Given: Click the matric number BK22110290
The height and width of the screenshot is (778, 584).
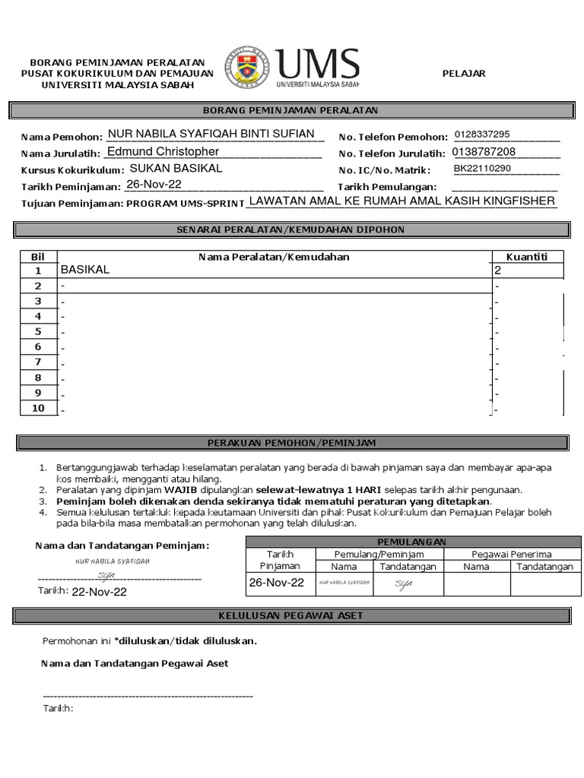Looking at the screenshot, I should click(483, 169).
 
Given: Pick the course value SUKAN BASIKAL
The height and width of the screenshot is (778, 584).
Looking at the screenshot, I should click(176, 168).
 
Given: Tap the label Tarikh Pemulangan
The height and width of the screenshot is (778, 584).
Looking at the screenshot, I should click(387, 187).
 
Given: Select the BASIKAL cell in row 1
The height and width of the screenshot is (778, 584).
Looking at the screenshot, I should click(85, 270).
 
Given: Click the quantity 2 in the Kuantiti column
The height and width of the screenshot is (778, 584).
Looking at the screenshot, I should click(498, 270).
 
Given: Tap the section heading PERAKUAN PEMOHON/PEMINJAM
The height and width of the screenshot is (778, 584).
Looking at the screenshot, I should click(292, 442).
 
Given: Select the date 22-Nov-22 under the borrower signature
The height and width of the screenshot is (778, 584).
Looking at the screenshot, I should click(99, 592).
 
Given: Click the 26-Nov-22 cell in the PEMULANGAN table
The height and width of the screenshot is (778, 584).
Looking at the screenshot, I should click(277, 583).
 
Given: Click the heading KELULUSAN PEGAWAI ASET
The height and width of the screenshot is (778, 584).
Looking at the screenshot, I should click(292, 615).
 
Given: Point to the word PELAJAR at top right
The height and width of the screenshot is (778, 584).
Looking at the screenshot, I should click(464, 73).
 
